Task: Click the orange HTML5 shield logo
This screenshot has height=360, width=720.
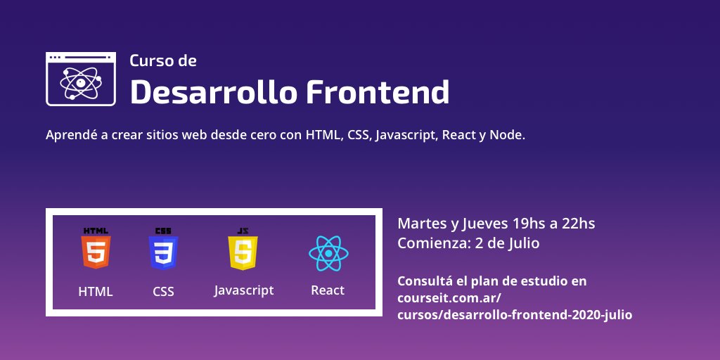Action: (96, 251)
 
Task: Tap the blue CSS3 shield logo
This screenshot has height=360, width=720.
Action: (163, 251)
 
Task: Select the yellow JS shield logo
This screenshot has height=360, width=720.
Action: (243, 251)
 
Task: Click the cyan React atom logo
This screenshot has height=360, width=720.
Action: (328, 253)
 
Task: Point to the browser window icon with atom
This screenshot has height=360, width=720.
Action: (81, 79)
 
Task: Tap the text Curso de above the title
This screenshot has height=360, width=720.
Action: (163, 60)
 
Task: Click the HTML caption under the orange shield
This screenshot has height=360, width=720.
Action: (96, 291)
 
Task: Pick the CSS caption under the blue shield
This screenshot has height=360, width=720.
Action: (163, 291)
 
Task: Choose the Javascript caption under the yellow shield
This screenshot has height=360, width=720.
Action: (244, 290)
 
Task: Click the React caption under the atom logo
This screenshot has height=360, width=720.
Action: (328, 290)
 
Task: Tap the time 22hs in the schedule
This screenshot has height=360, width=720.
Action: (579, 224)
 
